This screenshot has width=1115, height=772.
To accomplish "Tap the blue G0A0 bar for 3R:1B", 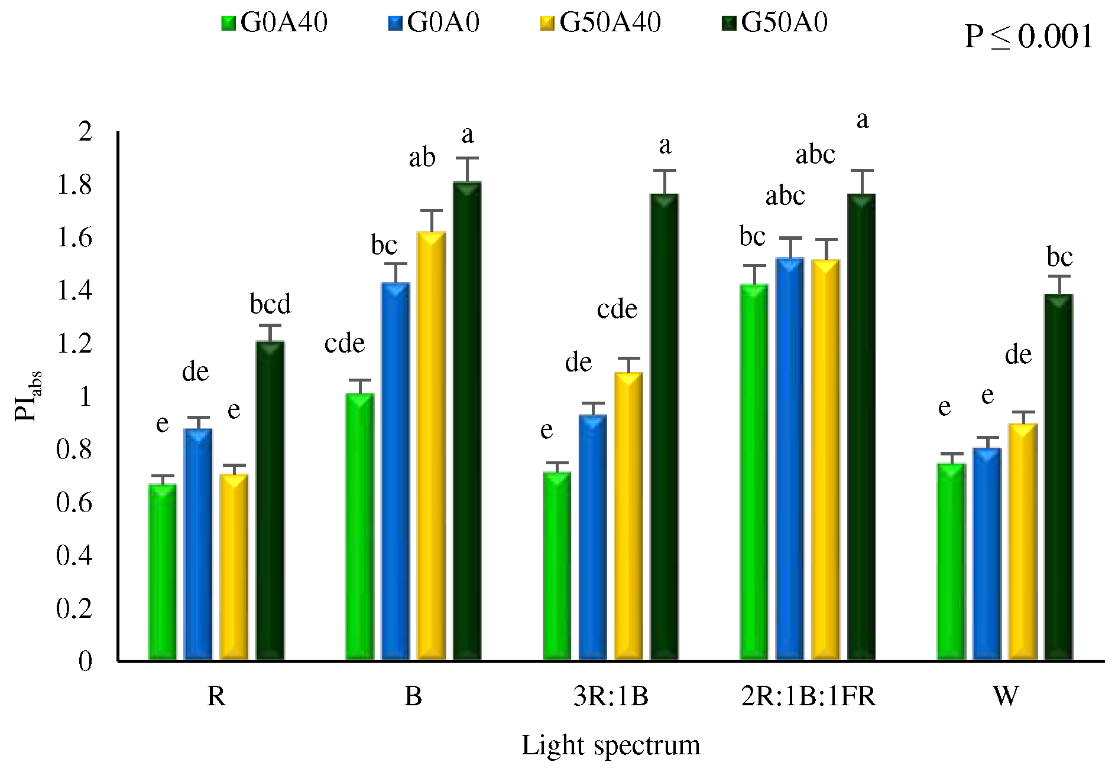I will [592, 538].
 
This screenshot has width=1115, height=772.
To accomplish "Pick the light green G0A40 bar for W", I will [951, 561].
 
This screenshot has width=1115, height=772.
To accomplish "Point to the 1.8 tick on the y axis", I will [74, 185].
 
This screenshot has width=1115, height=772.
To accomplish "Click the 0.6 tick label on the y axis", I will [74, 503].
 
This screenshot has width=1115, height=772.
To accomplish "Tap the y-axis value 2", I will [86, 131].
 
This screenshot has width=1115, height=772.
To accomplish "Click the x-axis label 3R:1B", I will [611, 696].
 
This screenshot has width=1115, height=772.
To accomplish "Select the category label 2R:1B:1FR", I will [808, 696].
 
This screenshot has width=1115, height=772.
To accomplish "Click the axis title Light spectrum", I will [611, 745].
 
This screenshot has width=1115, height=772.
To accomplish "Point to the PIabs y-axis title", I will [27, 396].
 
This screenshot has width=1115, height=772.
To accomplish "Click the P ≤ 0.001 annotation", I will [1029, 37].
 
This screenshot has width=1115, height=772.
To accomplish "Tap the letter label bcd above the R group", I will [270, 304].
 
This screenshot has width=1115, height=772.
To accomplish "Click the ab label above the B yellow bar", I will [422, 158].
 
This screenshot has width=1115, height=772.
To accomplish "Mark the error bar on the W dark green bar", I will [1059, 285].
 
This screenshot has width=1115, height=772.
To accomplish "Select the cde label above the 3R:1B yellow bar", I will [617, 309].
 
